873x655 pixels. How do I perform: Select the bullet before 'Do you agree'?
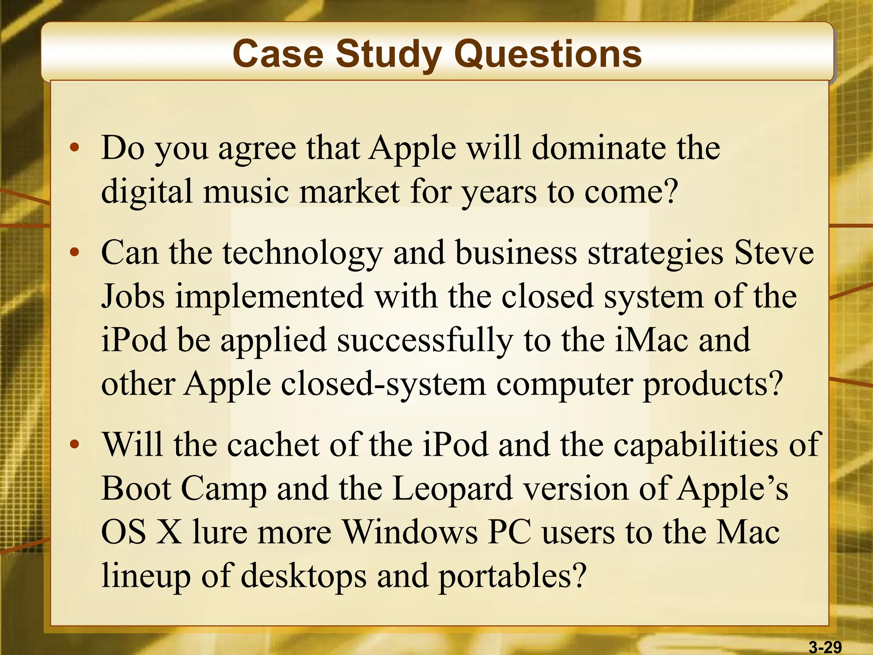75,148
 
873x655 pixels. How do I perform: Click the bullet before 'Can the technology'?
75,252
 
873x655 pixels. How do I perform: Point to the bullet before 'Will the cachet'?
75,445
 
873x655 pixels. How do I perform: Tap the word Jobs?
133,296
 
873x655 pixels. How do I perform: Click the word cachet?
273,445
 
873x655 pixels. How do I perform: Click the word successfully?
425,341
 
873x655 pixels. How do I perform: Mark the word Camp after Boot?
224,489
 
